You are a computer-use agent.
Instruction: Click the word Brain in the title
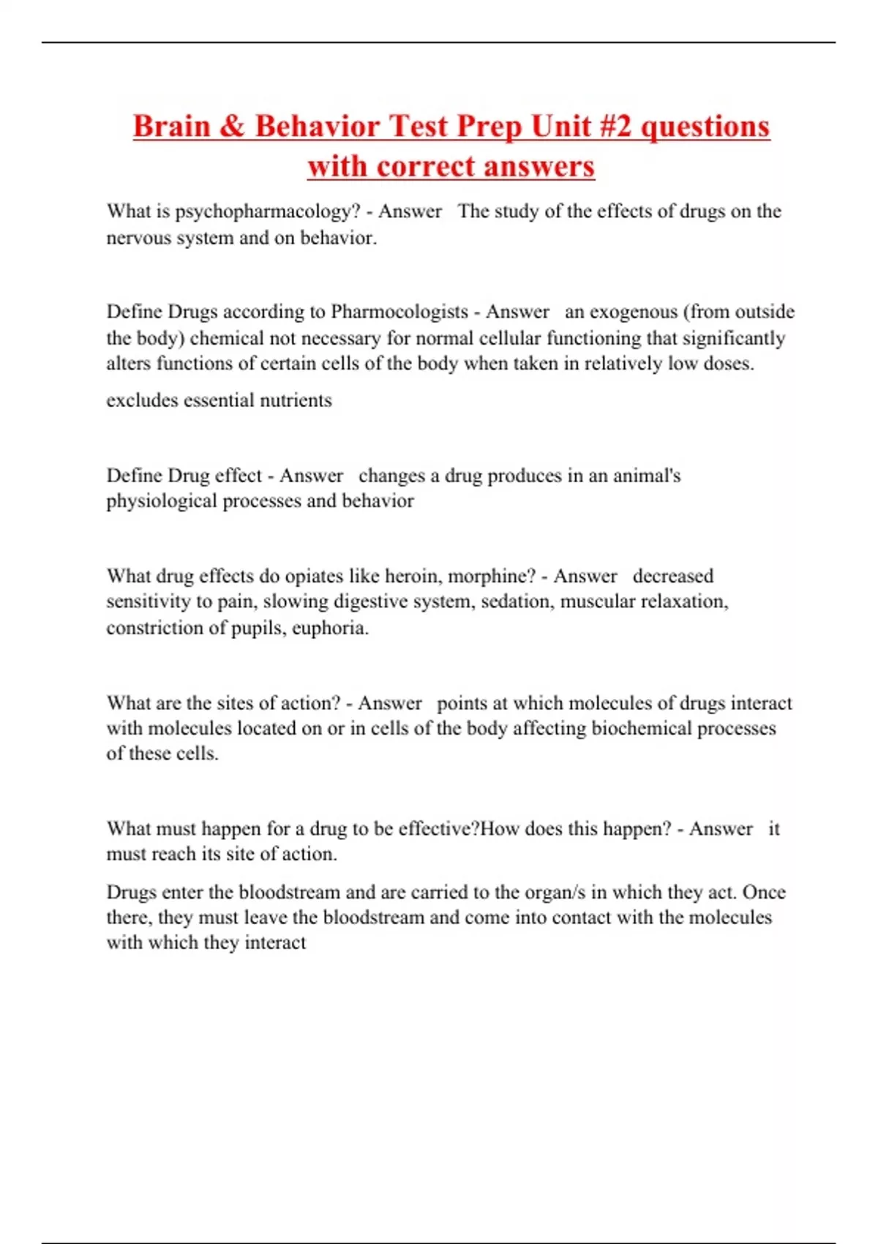171,126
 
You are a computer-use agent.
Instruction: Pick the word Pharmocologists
399,312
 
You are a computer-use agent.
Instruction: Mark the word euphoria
330,628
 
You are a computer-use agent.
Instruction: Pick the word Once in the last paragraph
764,893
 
